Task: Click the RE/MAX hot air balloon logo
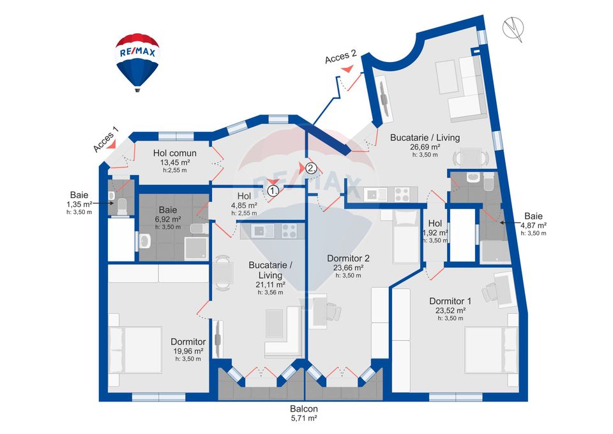point(137,61)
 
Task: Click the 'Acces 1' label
point(106,139)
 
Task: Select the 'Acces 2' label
point(340,58)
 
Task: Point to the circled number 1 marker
point(273,190)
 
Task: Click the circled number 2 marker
point(310,169)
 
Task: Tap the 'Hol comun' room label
point(175,153)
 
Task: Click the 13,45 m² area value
point(175,162)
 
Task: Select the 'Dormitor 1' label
point(451,301)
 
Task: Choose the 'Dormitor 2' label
point(349,258)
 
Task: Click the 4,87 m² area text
point(534,226)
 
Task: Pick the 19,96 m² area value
point(188,351)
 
